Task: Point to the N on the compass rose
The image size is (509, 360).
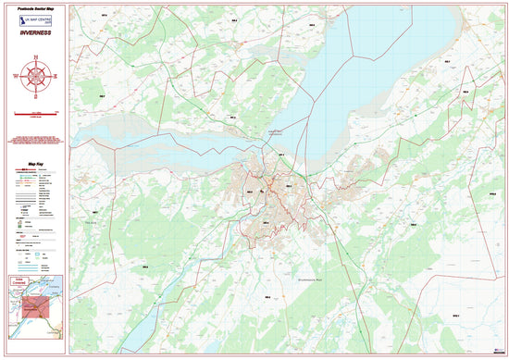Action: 35,58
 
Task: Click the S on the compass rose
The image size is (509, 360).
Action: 35,96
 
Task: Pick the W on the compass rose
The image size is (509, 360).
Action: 17,78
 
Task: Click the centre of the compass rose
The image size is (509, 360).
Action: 35,78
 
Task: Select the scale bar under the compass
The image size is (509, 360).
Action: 35,113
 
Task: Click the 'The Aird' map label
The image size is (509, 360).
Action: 91,222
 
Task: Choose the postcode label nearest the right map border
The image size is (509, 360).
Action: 491,193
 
